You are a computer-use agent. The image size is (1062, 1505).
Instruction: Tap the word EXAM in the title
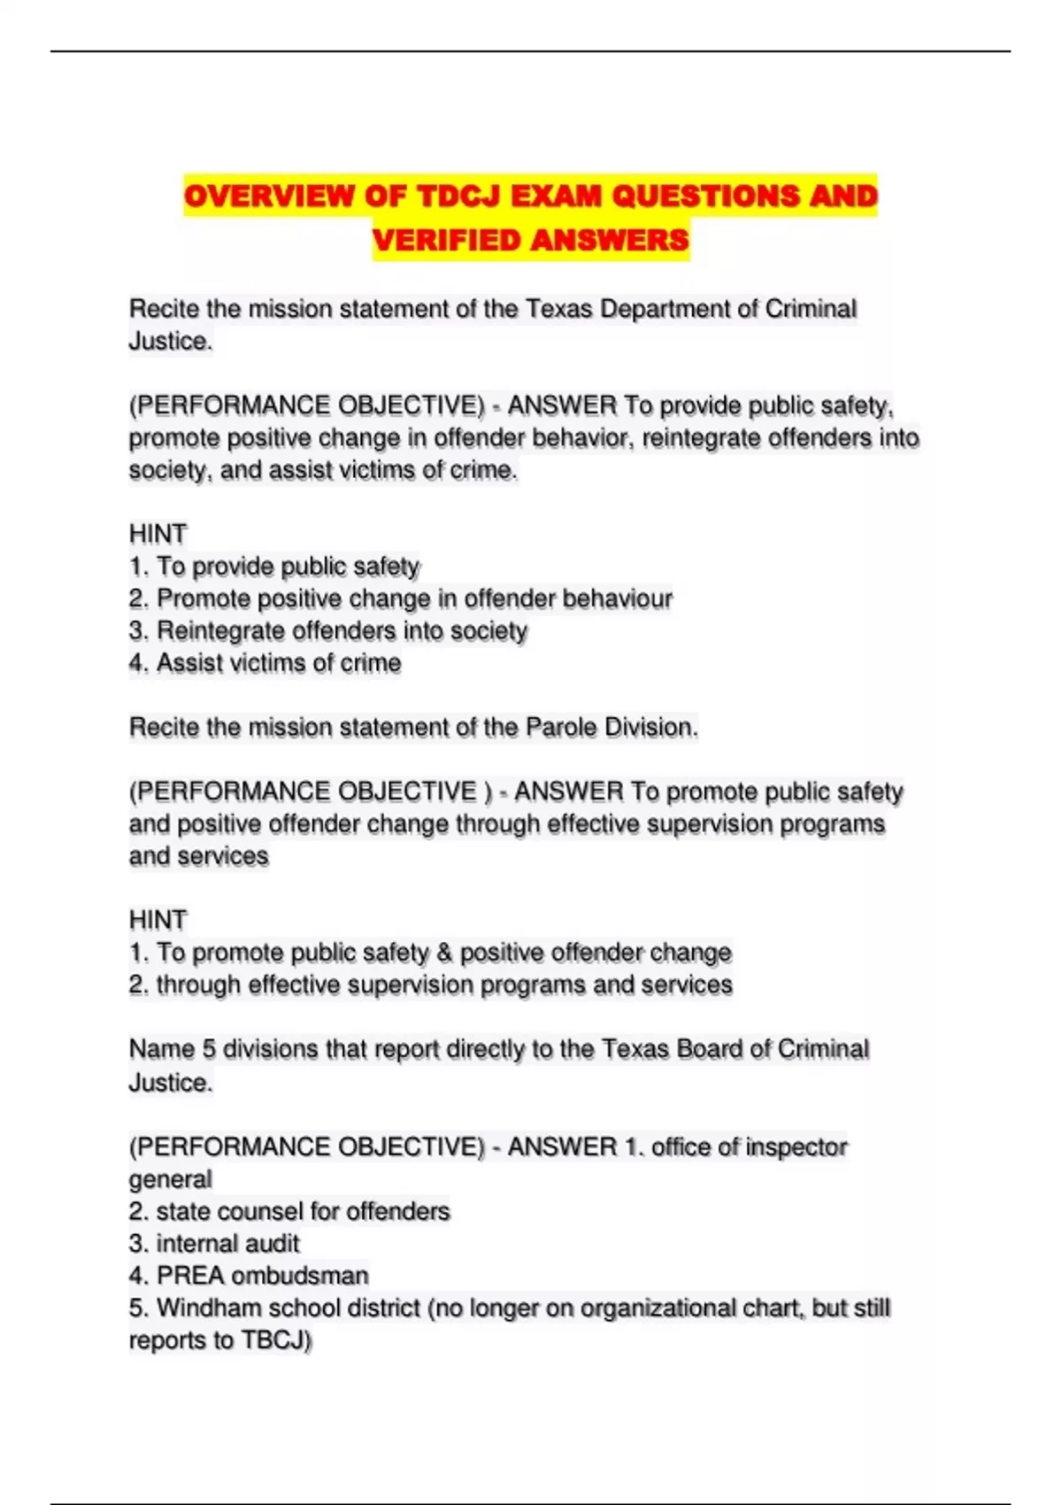[557, 196]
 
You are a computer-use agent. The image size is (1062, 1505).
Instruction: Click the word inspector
[796, 1147]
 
